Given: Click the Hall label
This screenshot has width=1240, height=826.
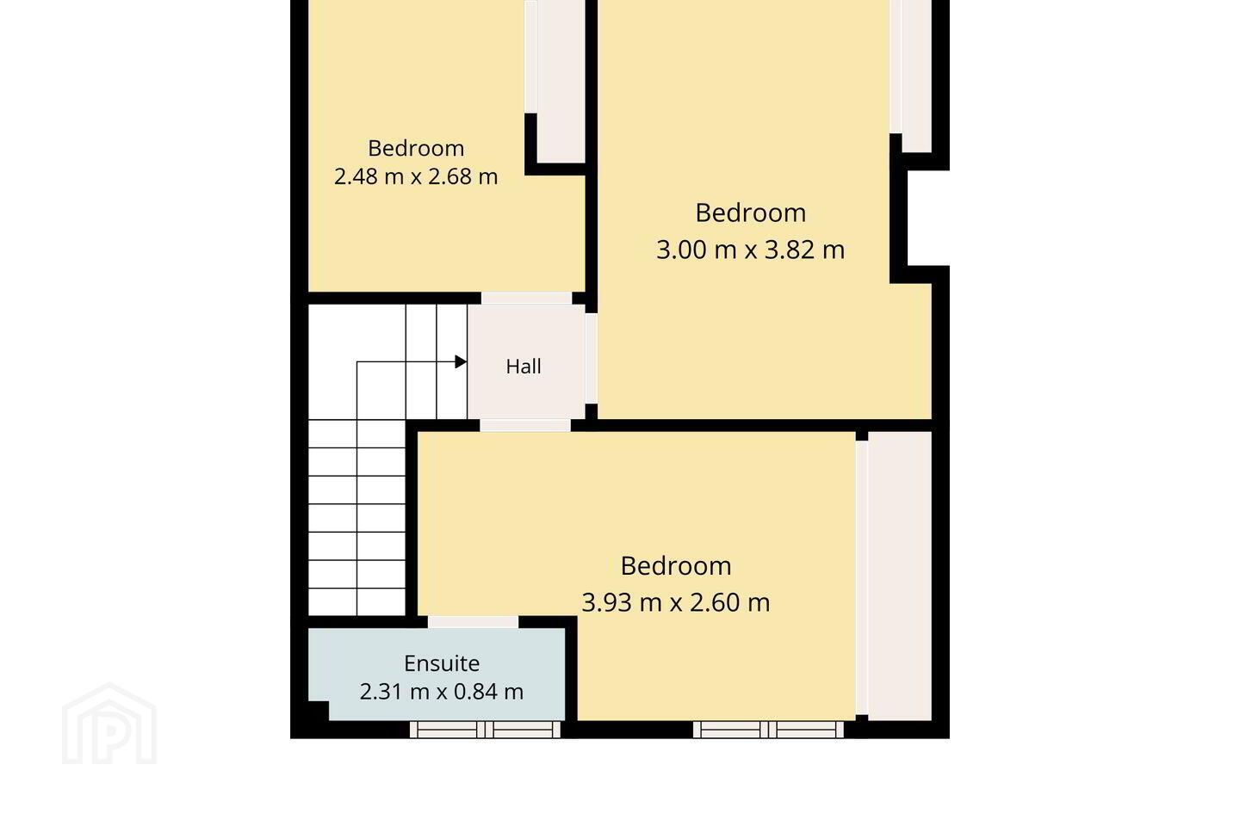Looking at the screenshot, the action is tap(524, 367).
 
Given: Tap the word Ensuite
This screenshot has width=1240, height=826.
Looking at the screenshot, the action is tap(442, 663).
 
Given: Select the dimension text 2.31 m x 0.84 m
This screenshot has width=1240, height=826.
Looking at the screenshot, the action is tap(442, 692).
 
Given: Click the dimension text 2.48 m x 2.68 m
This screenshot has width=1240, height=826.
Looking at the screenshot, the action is tap(416, 176).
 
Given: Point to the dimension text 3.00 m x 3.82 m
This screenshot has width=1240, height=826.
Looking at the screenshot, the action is tap(751, 250).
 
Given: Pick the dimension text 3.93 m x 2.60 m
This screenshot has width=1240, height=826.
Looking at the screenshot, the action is tap(676, 602).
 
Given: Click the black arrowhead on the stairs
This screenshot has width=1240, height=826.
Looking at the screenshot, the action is tap(461, 362).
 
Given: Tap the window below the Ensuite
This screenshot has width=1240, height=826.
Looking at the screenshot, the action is tap(485, 730).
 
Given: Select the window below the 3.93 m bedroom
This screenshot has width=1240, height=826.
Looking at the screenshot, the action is tap(768, 730).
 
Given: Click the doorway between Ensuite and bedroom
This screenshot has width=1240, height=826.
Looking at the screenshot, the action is tap(474, 622).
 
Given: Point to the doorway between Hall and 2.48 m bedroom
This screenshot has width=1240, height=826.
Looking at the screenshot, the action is tap(526, 299).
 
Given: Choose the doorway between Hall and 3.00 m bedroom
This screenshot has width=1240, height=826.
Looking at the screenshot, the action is tap(592, 359).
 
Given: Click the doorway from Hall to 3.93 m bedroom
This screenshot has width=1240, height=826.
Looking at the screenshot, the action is tap(525, 425).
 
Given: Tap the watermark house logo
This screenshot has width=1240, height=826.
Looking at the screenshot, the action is tap(109, 724).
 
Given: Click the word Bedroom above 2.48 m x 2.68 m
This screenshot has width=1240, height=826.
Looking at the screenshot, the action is tap(416, 148).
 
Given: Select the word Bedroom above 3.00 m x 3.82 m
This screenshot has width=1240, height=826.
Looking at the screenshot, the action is tap(751, 213).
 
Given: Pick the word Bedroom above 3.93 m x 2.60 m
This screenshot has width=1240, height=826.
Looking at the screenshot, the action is tap(676, 566).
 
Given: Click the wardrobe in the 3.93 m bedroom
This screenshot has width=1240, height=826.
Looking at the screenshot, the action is tap(900, 576).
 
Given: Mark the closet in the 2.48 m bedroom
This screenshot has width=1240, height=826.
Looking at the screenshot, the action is tap(561, 82).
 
